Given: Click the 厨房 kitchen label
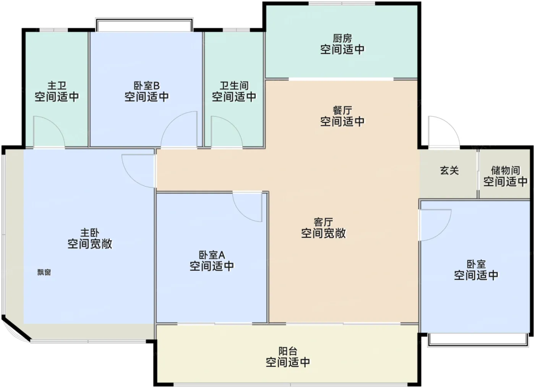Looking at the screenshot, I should coord(342,39).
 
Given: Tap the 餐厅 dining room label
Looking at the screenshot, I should coord(342,111).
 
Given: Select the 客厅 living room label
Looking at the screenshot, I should coord(323,222).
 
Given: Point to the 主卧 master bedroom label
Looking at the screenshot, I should coord(90,233).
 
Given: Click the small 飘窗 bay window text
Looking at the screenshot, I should coord(44,272).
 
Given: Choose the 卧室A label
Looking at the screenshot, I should coord(212,255).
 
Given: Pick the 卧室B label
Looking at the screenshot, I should coord(146,86).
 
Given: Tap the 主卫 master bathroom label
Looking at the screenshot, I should coord(57,86).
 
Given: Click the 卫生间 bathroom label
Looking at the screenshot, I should coord(234,86).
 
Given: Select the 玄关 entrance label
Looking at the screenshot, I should coord(449,170).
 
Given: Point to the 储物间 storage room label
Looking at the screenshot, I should coord(505,170).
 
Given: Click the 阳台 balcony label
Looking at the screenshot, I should coord(288,351).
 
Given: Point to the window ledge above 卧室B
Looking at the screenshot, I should coord(144,26).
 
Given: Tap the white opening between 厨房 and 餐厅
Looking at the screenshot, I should coord(341,79).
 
